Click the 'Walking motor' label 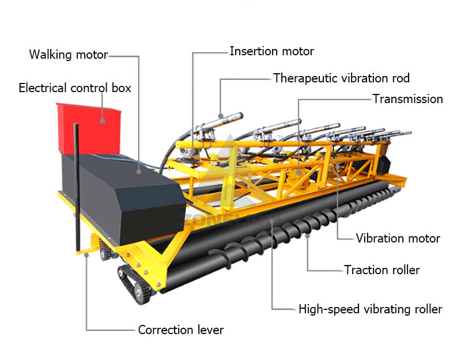pos(69,55)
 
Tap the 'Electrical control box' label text pos(75,88)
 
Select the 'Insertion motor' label pos(271,51)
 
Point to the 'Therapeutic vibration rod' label pos(341,78)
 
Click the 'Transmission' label pos(407,99)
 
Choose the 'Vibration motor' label pos(398,238)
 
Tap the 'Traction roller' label pos(381,270)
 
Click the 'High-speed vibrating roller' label pos(370,309)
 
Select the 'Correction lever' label pos(180,330)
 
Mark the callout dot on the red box pos(102,121)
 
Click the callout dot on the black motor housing pos(138,170)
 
